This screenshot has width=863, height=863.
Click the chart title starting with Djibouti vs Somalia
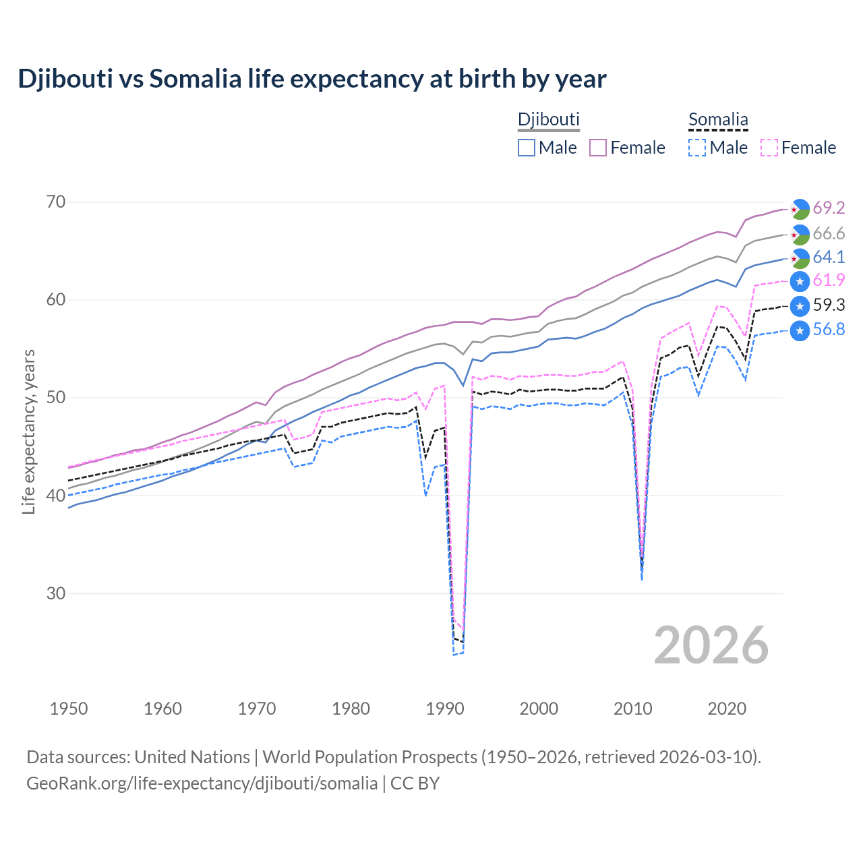pyautogui.click(x=312, y=79)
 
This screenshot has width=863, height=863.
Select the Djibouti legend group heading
pyautogui.click(x=548, y=119)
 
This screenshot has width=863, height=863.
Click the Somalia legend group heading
pyautogui.click(x=718, y=120)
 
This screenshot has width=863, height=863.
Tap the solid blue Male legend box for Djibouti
pyautogui.click(x=527, y=148)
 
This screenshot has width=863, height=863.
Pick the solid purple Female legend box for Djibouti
pyautogui.click(x=598, y=148)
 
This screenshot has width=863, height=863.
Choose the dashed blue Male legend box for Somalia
pyautogui.click(x=697, y=148)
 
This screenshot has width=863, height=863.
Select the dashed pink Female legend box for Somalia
pyautogui.click(x=769, y=148)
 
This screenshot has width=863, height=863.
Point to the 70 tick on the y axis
pyautogui.click(x=57, y=202)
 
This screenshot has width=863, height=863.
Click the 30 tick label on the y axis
pyautogui.click(x=57, y=593)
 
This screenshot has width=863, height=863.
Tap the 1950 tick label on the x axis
pyautogui.click(x=69, y=709)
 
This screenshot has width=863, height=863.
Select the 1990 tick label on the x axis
pyautogui.click(x=445, y=709)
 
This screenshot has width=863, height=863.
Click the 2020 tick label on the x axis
pyautogui.click(x=727, y=709)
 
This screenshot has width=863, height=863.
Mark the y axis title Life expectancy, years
pyautogui.click(x=28, y=431)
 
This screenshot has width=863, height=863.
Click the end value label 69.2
pyautogui.click(x=829, y=208)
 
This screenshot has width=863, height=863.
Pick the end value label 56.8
pyautogui.click(x=829, y=330)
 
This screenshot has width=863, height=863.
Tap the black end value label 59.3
pyautogui.click(x=829, y=305)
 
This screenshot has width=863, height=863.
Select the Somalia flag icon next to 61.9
pyautogui.click(x=800, y=281)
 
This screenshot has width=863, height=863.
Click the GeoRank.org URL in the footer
pyautogui.click(x=202, y=783)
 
